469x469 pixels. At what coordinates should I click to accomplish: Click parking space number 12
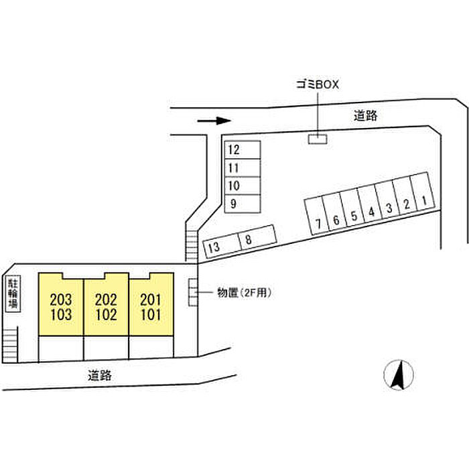(243, 149)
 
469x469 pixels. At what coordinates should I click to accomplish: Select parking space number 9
(243, 204)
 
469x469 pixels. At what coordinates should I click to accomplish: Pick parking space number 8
(257, 238)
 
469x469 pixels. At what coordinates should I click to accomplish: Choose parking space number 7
(316, 215)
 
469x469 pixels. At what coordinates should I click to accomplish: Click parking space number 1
(422, 192)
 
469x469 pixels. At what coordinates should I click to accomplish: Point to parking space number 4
(369, 204)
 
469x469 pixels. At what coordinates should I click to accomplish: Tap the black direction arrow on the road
(214, 121)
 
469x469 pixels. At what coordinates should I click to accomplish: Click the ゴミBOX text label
(318, 84)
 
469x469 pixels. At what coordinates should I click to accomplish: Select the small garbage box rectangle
(318, 139)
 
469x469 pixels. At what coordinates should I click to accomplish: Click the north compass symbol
(399, 375)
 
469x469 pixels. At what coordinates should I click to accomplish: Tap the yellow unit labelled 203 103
(61, 304)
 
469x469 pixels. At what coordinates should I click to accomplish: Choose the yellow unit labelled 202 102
(106, 304)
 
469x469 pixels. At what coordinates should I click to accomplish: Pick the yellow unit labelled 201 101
(151, 304)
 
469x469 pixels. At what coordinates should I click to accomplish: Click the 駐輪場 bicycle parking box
(13, 293)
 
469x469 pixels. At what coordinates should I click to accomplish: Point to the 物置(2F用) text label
(245, 293)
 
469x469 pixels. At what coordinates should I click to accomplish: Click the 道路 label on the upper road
(366, 115)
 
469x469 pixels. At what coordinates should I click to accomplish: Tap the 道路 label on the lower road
(100, 375)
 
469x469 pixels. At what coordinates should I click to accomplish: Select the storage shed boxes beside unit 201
(193, 292)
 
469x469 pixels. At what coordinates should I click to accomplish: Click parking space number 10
(243, 186)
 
